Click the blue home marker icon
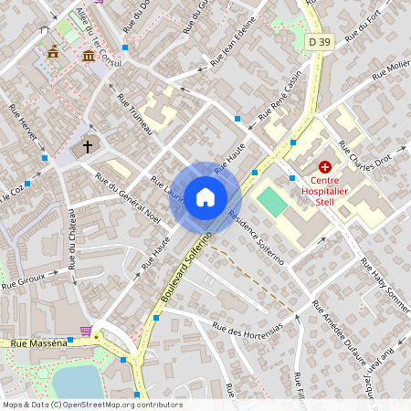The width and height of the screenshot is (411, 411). [205, 196]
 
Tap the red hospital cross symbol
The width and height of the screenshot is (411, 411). [324, 167]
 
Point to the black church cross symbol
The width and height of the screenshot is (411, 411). [89, 145]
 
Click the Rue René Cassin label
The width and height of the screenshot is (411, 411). [279, 98]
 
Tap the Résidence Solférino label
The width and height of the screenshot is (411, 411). [257, 238]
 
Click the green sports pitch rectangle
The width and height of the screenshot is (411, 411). [272, 201]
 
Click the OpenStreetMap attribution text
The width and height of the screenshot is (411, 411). [91, 405]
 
